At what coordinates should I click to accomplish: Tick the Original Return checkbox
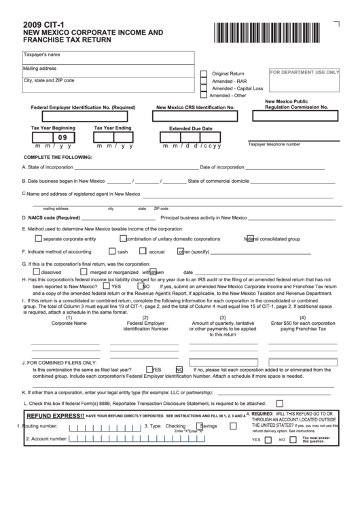tap(204, 73)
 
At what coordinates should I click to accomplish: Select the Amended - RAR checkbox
tap(204, 82)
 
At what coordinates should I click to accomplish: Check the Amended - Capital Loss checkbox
tap(204, 89)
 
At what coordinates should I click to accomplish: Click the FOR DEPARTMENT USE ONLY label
tap(304, 72)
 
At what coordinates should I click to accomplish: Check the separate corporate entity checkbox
tap(37, 239)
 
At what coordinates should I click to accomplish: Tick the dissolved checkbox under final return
tap(37, 272)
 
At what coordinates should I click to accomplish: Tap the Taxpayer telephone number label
tap(274, 144)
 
